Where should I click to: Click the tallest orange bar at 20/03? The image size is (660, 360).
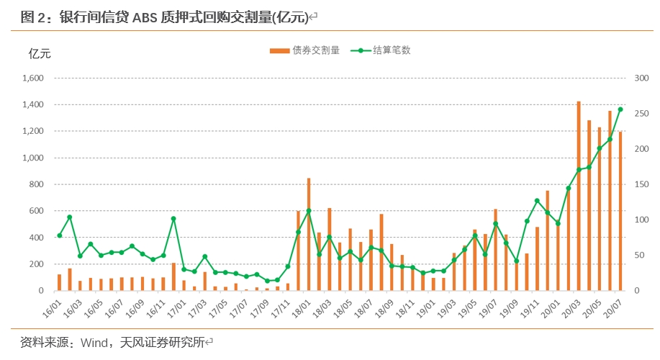(x=579, y=197)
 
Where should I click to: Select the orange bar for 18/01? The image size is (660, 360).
(x=309, y=235)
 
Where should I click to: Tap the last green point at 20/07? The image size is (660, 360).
(x=620, y=109)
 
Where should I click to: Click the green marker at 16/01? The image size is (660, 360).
(x=59, y=235)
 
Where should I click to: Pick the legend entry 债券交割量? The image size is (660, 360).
(x=304, y=50)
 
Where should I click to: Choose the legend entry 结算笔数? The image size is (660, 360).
(x=381, y=50)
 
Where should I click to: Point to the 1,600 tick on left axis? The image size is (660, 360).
(x=33, y=78)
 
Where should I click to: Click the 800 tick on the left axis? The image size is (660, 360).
(x=36, y=184)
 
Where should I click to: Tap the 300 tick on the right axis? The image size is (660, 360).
(x=641, y=78)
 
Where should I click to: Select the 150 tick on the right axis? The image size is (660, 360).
(x=641, y=184)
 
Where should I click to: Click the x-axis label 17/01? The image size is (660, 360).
(x=176, y=309)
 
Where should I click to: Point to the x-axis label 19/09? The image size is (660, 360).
(x=508, y=309)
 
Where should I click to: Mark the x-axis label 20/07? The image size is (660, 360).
(x=612, y=309)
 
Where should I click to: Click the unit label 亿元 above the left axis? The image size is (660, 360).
(x=40, y=53)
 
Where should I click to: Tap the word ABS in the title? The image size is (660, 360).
(x=145, y=17)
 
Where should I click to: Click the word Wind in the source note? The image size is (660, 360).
(x=94, y=343)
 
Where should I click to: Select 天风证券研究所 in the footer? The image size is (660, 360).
(x=162, y=343)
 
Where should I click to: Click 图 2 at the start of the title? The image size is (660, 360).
(x=32, y=17)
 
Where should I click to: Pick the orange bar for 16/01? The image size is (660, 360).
(x=59, y=282)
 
